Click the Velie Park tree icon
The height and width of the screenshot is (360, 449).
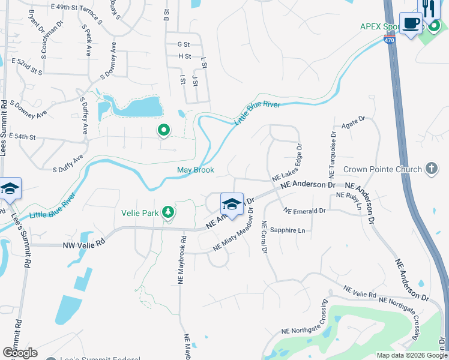169,211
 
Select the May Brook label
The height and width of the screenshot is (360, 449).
196,170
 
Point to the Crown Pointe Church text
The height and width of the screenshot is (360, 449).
382,170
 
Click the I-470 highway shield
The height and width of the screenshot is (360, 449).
390,40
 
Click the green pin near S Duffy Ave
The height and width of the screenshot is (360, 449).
163,130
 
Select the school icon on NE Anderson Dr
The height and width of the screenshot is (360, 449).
232,203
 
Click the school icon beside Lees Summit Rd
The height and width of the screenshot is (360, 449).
10,188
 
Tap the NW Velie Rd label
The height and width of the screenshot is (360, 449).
84,245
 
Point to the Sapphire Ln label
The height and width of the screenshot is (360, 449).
287,230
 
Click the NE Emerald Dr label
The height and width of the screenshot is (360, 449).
305,211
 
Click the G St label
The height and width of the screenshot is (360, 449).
184,44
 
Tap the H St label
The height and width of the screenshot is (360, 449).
184,56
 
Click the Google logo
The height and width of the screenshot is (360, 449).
20,352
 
